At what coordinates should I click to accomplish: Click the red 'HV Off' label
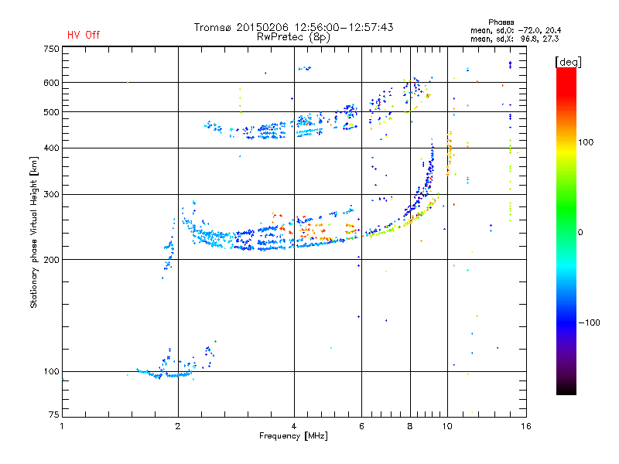[83, 35]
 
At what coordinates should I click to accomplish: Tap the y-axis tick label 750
[51, 49]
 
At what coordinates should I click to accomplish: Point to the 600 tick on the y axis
[51, 83]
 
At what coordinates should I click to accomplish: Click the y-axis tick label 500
[51, 112]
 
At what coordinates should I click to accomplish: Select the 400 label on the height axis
[51, 148]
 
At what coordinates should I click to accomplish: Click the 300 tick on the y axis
[51, 194]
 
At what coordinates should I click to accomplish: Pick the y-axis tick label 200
[51, 260]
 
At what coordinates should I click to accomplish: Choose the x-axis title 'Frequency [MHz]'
[293, 436]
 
